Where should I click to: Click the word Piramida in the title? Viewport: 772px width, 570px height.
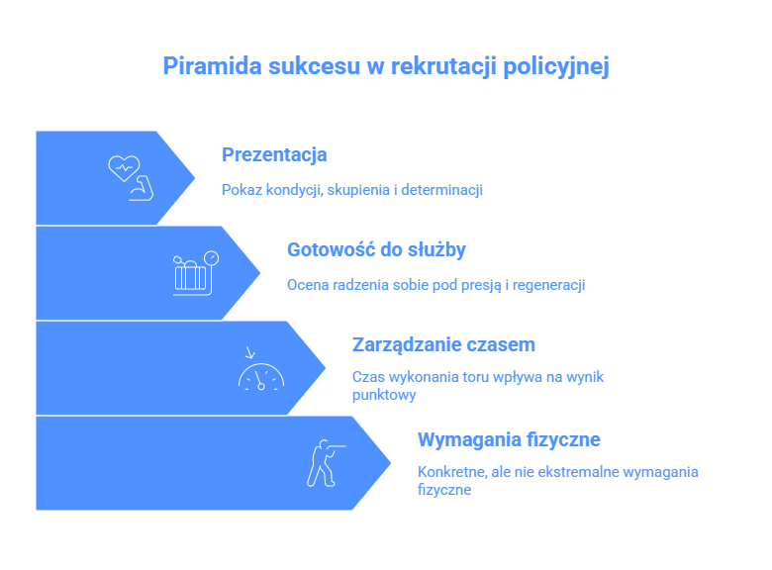coord(212,65)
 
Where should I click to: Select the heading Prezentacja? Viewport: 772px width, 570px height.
coord(274,154)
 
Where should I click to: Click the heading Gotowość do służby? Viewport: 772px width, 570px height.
coord(376,250)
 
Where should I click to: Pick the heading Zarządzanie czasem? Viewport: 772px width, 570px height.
coord(443,345)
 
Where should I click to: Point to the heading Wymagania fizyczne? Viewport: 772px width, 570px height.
coord(509,439)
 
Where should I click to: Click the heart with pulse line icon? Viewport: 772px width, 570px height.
coord(124,168)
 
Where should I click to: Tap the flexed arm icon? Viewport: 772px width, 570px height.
coord(142,188)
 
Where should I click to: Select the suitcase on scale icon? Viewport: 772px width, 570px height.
coord(195,273)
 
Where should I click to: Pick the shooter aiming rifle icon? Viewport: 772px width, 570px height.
coord(326,463)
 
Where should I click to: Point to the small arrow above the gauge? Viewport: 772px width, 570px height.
coord(250,352)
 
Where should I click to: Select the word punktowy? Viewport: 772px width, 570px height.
coord(384,395)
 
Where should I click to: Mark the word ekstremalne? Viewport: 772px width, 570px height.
coord(578,472)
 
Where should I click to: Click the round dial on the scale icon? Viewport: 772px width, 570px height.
coord(212,258)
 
